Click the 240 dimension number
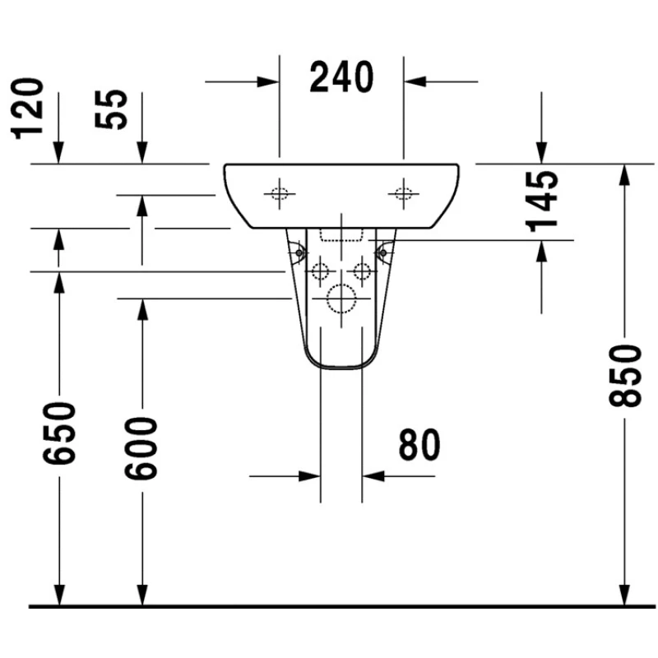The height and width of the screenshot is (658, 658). coord(341,76)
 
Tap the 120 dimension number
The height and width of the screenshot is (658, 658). coord(27,109)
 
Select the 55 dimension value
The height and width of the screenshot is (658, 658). coord(111,109)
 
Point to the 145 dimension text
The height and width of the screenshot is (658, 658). coord(542,202)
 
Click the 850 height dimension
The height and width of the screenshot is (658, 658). coord(625,375)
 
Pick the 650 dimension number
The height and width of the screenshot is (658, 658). coord(59,433)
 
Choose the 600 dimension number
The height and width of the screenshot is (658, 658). coord(141,448)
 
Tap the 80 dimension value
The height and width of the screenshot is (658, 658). coord(419,444)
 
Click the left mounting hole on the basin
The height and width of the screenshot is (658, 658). coord(280,194)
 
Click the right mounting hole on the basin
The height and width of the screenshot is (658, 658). coord(404,194)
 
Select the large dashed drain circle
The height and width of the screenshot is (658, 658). coord(341,299)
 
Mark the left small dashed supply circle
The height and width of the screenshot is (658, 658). coord(321,271)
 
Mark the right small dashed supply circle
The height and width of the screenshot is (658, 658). coord(362,271)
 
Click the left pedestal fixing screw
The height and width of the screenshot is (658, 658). coord(299,253)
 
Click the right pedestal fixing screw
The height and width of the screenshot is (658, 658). coord(382,253)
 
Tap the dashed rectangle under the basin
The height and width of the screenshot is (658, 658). coord(341,235)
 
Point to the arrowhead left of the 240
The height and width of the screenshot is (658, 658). coord(268,81)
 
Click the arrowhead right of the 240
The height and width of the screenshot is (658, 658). coord(415,81)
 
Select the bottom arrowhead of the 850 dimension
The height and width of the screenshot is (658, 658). coord(625,595)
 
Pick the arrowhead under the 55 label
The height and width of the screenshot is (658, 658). coord(142,152)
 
